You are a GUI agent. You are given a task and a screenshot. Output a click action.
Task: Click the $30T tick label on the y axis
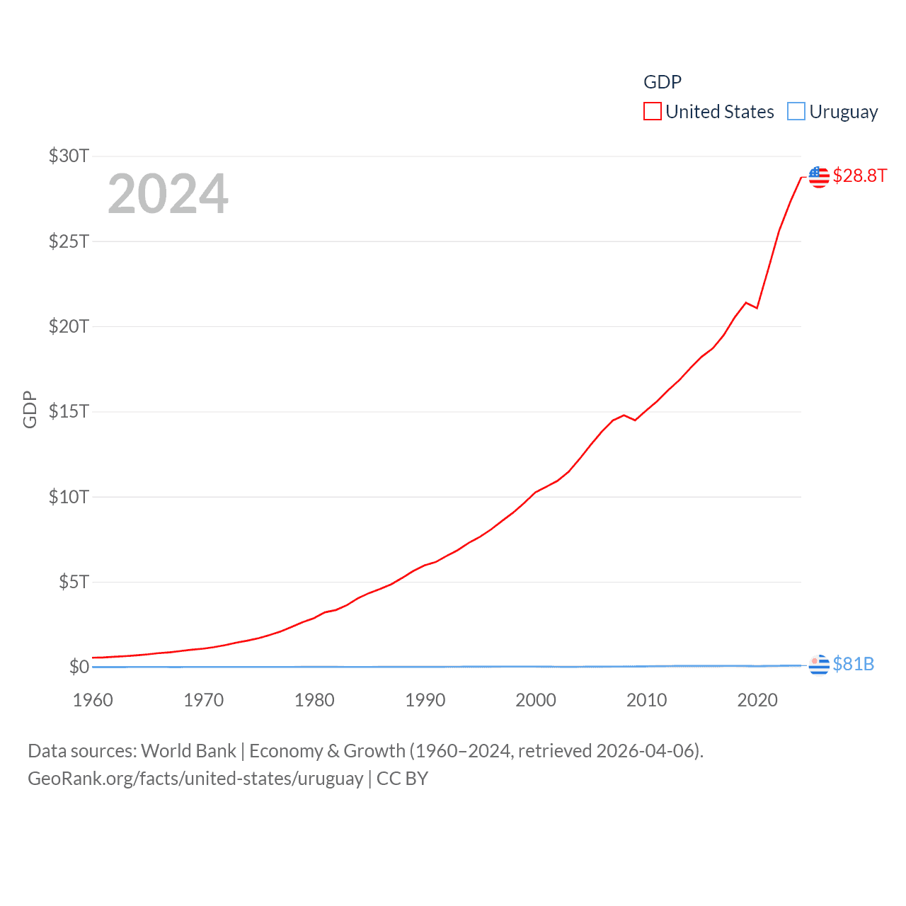(x=69, y=156)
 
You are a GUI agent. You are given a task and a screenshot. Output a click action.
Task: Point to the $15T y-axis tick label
(x=69, y=411)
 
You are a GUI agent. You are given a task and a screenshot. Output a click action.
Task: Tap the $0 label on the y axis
(x=79, y=667)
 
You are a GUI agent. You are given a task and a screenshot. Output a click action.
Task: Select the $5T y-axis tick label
(x=74, y=582)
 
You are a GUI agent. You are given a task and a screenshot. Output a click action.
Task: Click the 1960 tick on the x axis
(x=93, y=700)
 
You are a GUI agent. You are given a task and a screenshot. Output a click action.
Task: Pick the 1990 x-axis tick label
(x=425, y=700)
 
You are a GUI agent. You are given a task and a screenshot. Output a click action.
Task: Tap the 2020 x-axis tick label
(x=757, y=700)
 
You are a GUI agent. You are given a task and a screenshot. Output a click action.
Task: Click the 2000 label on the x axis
(x=536, y=700)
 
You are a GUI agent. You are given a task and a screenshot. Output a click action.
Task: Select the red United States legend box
(x=652, y=112)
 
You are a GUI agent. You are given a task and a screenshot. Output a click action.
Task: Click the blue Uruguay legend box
(x=796, y=112)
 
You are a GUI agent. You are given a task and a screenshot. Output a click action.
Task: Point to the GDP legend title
(x=663, y=82)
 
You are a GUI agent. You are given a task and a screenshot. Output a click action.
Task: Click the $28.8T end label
(x=859, y=176)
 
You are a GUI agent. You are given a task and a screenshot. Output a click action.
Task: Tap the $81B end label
(x=853, y=664)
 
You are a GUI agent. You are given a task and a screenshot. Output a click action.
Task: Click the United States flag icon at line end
(x=819, y=176)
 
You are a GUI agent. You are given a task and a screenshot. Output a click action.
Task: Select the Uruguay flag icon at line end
(x=819, y=665)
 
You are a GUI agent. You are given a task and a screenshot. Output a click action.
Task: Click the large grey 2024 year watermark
(x=168, y=194)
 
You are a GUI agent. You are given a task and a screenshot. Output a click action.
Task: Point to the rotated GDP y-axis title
(x=30, y=409)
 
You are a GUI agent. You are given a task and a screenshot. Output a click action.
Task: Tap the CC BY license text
(x=402, y=779)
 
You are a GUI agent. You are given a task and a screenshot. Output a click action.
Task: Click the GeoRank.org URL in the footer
(x=195, y=779)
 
